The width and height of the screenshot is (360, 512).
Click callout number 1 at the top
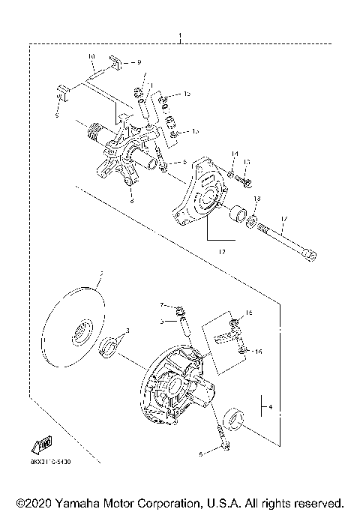(179, 37)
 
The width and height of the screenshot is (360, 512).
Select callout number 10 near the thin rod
(91, 57)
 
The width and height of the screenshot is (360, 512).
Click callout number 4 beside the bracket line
(270, 409)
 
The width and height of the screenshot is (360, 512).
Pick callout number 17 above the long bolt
(283, 220)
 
